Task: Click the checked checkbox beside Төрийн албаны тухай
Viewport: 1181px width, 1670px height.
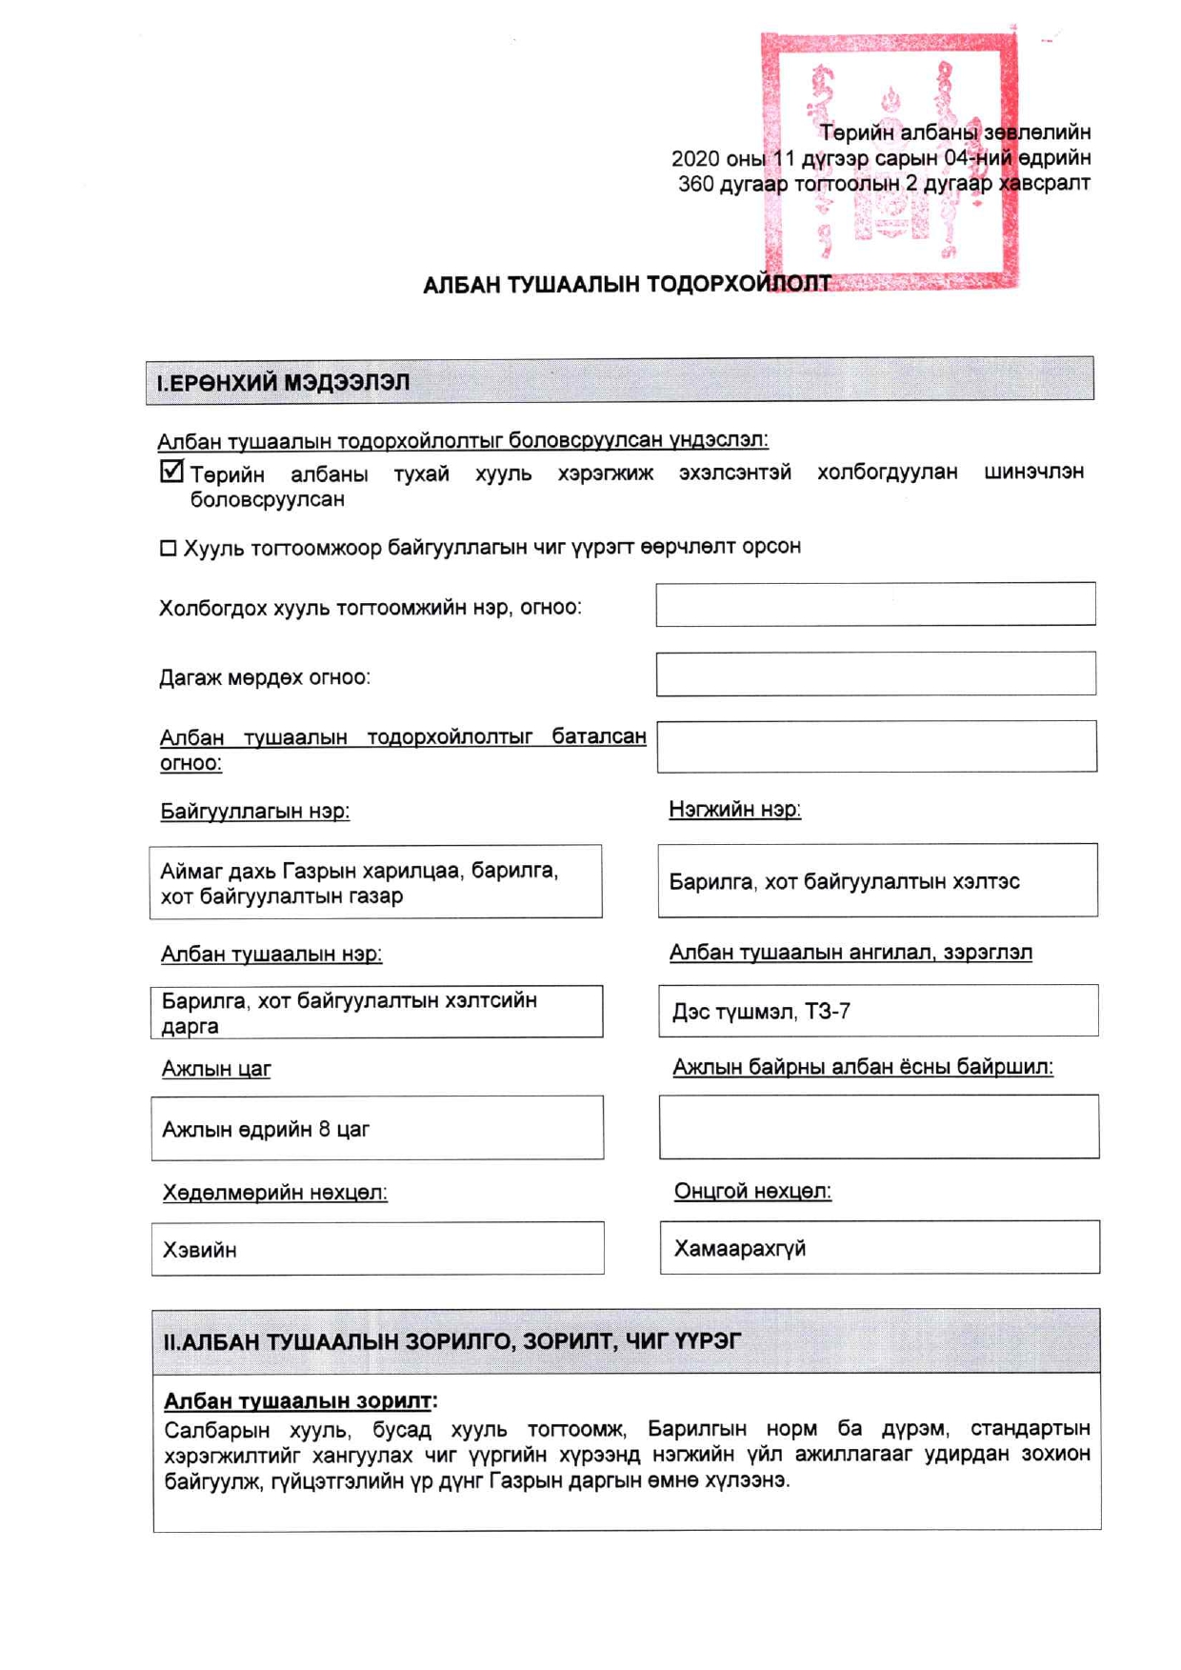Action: pos(171,471)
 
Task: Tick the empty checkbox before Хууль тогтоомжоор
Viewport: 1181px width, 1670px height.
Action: pos(169,548)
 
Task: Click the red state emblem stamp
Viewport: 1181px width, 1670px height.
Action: pos(889,160)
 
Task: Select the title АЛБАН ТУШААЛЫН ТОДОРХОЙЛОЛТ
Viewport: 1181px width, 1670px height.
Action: pos(627,285)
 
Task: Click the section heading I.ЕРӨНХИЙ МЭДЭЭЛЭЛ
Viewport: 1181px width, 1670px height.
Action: pos(283,383)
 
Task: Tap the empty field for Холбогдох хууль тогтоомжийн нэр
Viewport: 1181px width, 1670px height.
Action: pos(875,604)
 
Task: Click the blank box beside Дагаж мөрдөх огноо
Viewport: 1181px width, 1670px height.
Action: pos(875,674)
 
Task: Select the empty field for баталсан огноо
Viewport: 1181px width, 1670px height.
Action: pos(876,746)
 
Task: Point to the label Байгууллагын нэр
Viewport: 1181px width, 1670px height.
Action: pos(254,812)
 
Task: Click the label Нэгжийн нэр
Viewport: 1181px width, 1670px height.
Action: pos(734,810)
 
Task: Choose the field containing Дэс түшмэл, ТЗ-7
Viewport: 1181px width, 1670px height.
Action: pos(877,1011)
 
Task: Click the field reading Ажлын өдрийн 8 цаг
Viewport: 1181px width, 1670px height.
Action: pos(377,1128)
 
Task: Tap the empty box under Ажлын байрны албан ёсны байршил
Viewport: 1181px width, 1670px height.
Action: pos(878,1126)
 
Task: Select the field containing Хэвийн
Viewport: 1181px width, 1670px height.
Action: pos(377,1249)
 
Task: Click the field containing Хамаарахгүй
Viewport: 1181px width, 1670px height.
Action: pos(879,1247)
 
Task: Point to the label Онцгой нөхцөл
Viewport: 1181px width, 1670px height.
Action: pos(752,1191)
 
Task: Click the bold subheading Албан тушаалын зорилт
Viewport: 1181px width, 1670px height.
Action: pos(299,1400)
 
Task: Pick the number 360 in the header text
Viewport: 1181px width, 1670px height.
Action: pos(695,184)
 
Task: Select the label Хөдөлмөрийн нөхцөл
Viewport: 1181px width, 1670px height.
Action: pos(274,1193)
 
